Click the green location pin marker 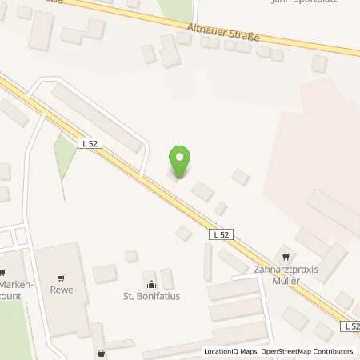tap(180, 162)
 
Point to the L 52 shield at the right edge tap(351, 326)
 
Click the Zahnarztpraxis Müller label tap(276, 275)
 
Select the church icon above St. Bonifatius tap(150, 284)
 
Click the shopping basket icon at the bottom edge tap(102, 353)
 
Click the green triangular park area tap(64, 154)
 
